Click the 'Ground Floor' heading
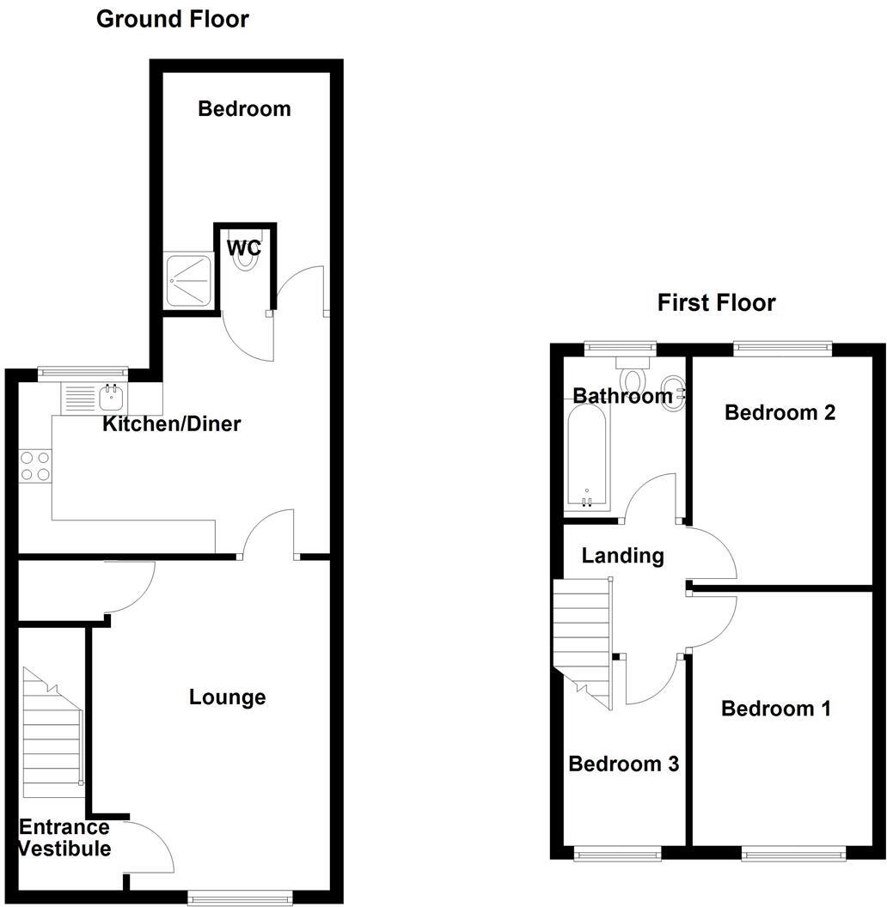point(172,19)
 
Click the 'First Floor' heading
point(716,302)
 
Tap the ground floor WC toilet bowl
point(245,261)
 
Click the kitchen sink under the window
point(111,397)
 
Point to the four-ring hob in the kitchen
point(35,466)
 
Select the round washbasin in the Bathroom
point(673,394)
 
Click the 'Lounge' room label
point(227,697)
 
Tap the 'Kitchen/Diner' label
point(171,423)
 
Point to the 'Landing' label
point(622,556)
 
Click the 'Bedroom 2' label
point(780,412)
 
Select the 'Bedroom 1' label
point(775,709)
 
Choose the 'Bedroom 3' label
point(623,764)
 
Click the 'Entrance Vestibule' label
point(64,838)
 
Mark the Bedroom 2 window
point(782,348)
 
